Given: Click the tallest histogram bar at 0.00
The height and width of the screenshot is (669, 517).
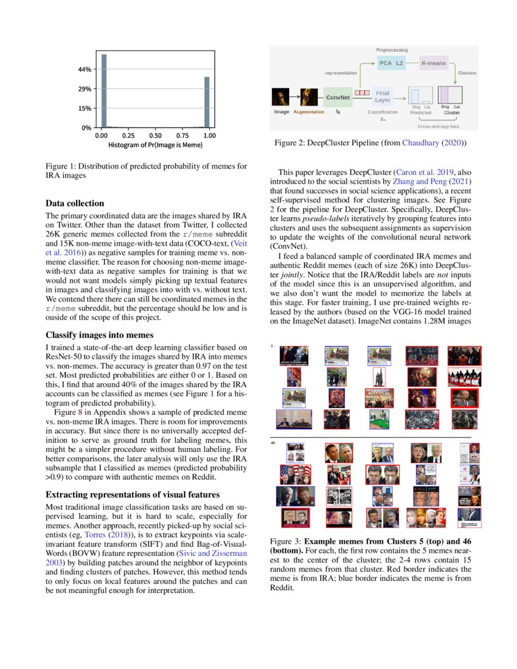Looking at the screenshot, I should pos(104,91).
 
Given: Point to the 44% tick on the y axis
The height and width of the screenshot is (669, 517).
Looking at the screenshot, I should pos(84,69).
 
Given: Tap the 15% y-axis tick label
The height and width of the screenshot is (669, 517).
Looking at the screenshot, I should pos(84,108).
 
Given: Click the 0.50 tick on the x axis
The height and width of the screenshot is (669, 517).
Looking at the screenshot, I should pos(155,136).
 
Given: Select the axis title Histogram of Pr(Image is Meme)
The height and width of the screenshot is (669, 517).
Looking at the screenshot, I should pos(155,145).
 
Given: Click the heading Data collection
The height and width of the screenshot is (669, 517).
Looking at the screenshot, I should pos(75,203).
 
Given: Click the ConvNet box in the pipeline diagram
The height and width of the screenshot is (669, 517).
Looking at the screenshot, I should pos(337,97).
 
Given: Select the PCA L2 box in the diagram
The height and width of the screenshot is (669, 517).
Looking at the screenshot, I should pos(391,63).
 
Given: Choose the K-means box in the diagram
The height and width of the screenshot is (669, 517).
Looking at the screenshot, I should pos(433,63).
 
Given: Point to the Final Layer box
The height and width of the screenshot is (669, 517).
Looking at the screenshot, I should pos(383,96).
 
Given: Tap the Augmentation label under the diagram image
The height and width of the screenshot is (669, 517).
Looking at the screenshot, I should pos(309,112).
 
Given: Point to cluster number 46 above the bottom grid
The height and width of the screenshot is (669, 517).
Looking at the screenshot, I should pos(273,443).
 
